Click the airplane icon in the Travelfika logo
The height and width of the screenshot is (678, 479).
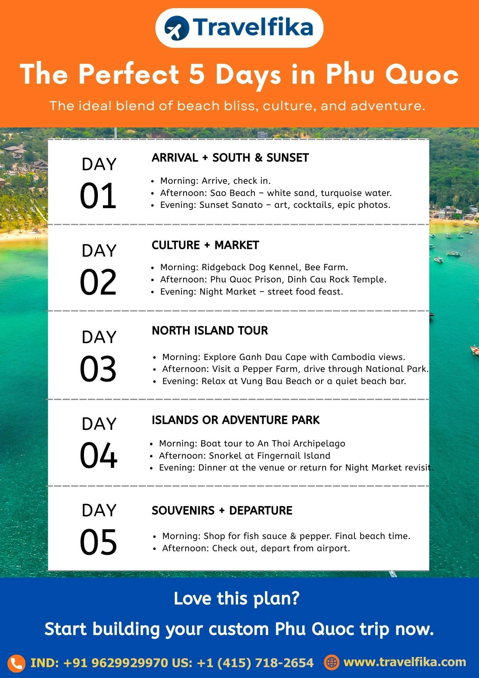tap(176, 28)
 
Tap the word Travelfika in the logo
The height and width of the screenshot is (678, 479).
tap(253, 27)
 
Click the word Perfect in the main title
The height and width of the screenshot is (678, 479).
tap(129, 74)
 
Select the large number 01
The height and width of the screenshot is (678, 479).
tap(98, 196)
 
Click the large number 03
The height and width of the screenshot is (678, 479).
tap(98, 369)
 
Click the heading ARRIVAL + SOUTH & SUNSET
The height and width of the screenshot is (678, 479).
tap(230, 158)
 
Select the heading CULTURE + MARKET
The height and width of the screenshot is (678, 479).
tap(205, 245)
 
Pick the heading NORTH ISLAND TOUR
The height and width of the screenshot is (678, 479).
tap(210, 331)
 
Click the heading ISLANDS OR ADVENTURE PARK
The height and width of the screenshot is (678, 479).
tap(235, 420)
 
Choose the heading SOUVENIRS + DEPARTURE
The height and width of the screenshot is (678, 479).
tap(222, 510)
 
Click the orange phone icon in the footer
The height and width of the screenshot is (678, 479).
tap(16, 663)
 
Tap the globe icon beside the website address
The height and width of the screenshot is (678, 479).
tap(331, 662)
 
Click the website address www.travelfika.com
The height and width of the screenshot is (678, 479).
tap(405, 662)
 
